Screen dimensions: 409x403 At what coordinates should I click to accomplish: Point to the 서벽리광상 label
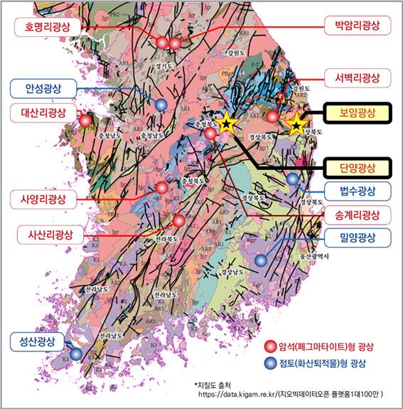(x=357, y=77)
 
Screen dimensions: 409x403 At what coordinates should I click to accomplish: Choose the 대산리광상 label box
(x=39, y=113)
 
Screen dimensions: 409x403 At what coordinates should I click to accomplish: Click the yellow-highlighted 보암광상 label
(x=357, y=112)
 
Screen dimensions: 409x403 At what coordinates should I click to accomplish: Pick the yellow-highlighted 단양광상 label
(x=357, y=169)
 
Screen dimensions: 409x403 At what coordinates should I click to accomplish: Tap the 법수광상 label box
(x=357, y=191)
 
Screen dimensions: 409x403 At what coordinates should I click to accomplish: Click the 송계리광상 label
(x=357, y=214)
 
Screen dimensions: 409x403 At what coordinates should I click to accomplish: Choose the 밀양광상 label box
(x=357, y=236)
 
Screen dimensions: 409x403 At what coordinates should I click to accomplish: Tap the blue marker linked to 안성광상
(x=162, y=105)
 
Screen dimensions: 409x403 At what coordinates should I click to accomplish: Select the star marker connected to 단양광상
(x=226, y=124)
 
